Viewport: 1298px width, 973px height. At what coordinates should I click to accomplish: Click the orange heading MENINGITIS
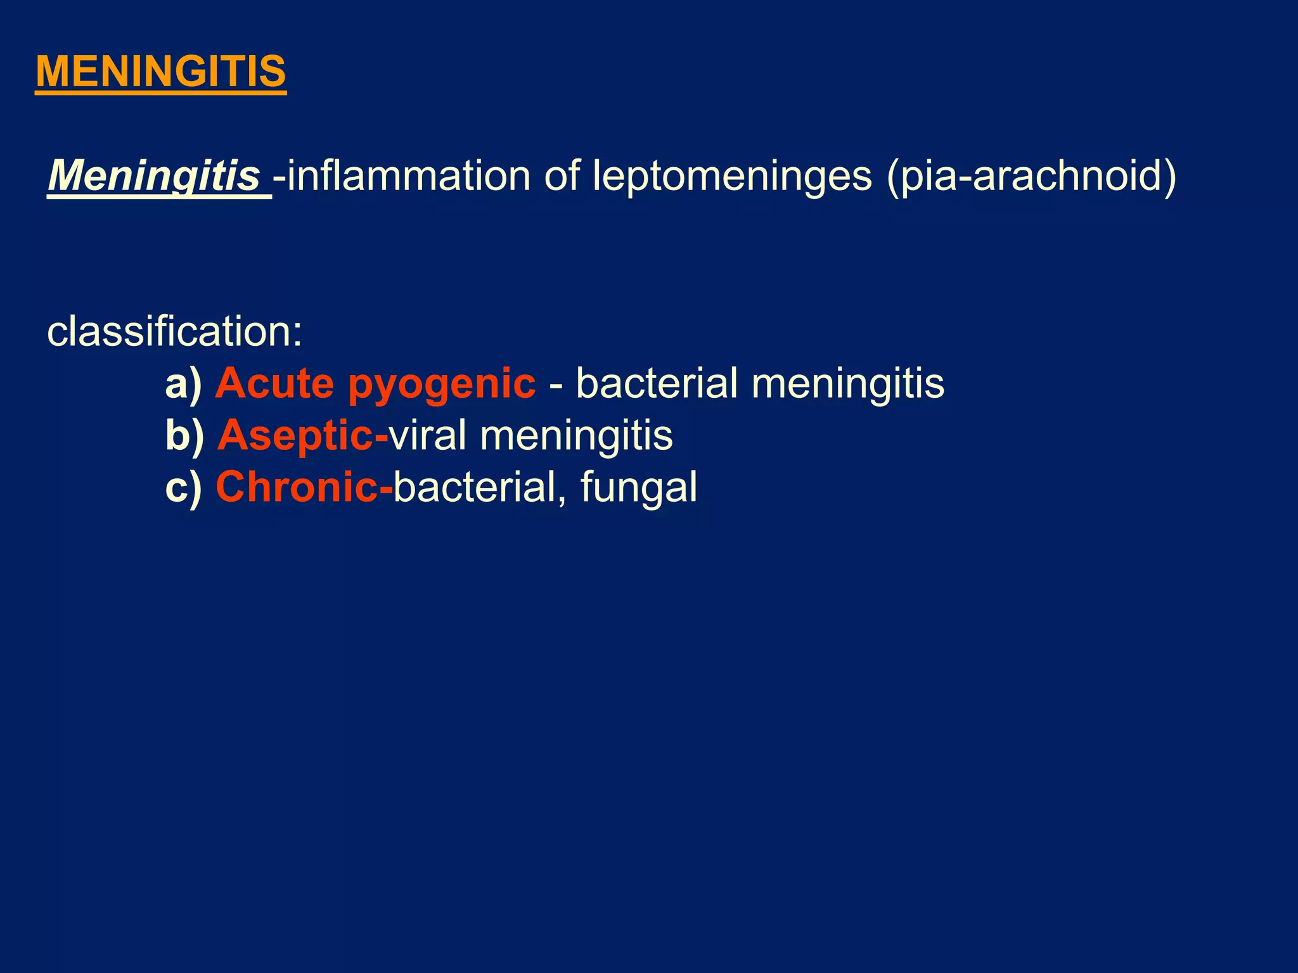click(x=161, y=72)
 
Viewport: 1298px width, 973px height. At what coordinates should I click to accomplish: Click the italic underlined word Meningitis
click(x=154, y=175)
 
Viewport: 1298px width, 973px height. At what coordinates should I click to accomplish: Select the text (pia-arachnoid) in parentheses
click(x=1031, y=175)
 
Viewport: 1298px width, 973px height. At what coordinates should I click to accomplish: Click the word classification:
click(x=175, y=332)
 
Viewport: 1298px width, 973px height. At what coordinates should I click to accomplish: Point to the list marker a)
click(x=183, y=384)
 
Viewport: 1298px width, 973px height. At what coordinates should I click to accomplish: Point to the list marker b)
click(x=184, y=436)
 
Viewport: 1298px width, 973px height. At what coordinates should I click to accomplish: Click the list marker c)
click(x=183, y=487)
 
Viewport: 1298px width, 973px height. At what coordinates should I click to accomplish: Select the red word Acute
click(x=274, y=384)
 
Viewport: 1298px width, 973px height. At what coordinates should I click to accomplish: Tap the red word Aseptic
click(x=295, y=436)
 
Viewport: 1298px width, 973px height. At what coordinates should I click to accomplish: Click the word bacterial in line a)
click(x=657, y=384)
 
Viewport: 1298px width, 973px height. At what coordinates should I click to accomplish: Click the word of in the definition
click(x=562, y=175)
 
